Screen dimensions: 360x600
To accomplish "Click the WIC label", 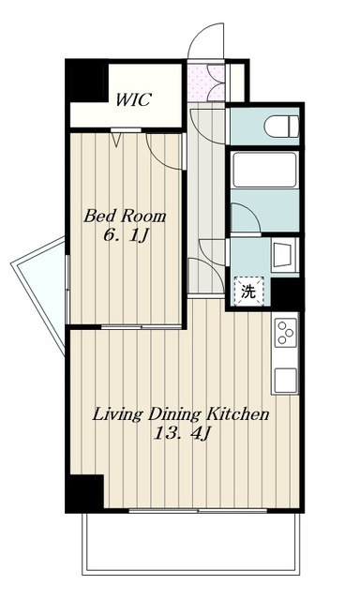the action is click(x=133, y=100).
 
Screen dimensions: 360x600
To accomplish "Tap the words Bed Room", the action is click(x=125, y=217).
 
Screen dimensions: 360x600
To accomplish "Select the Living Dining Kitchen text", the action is click(x=181, y=414).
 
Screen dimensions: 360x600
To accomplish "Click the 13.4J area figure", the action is click(x=182, y=434).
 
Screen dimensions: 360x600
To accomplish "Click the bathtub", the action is click(x=264, y=170).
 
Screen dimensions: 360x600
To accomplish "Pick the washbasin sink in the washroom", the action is click(x=285, y=254).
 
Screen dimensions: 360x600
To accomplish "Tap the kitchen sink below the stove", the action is click(x=285, y=381).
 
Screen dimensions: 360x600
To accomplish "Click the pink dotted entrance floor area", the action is click(x=206, y=82).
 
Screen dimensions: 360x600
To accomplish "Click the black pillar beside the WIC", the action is click(x=87, y=81).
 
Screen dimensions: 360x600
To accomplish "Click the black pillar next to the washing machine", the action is click(x=287, y=292).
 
